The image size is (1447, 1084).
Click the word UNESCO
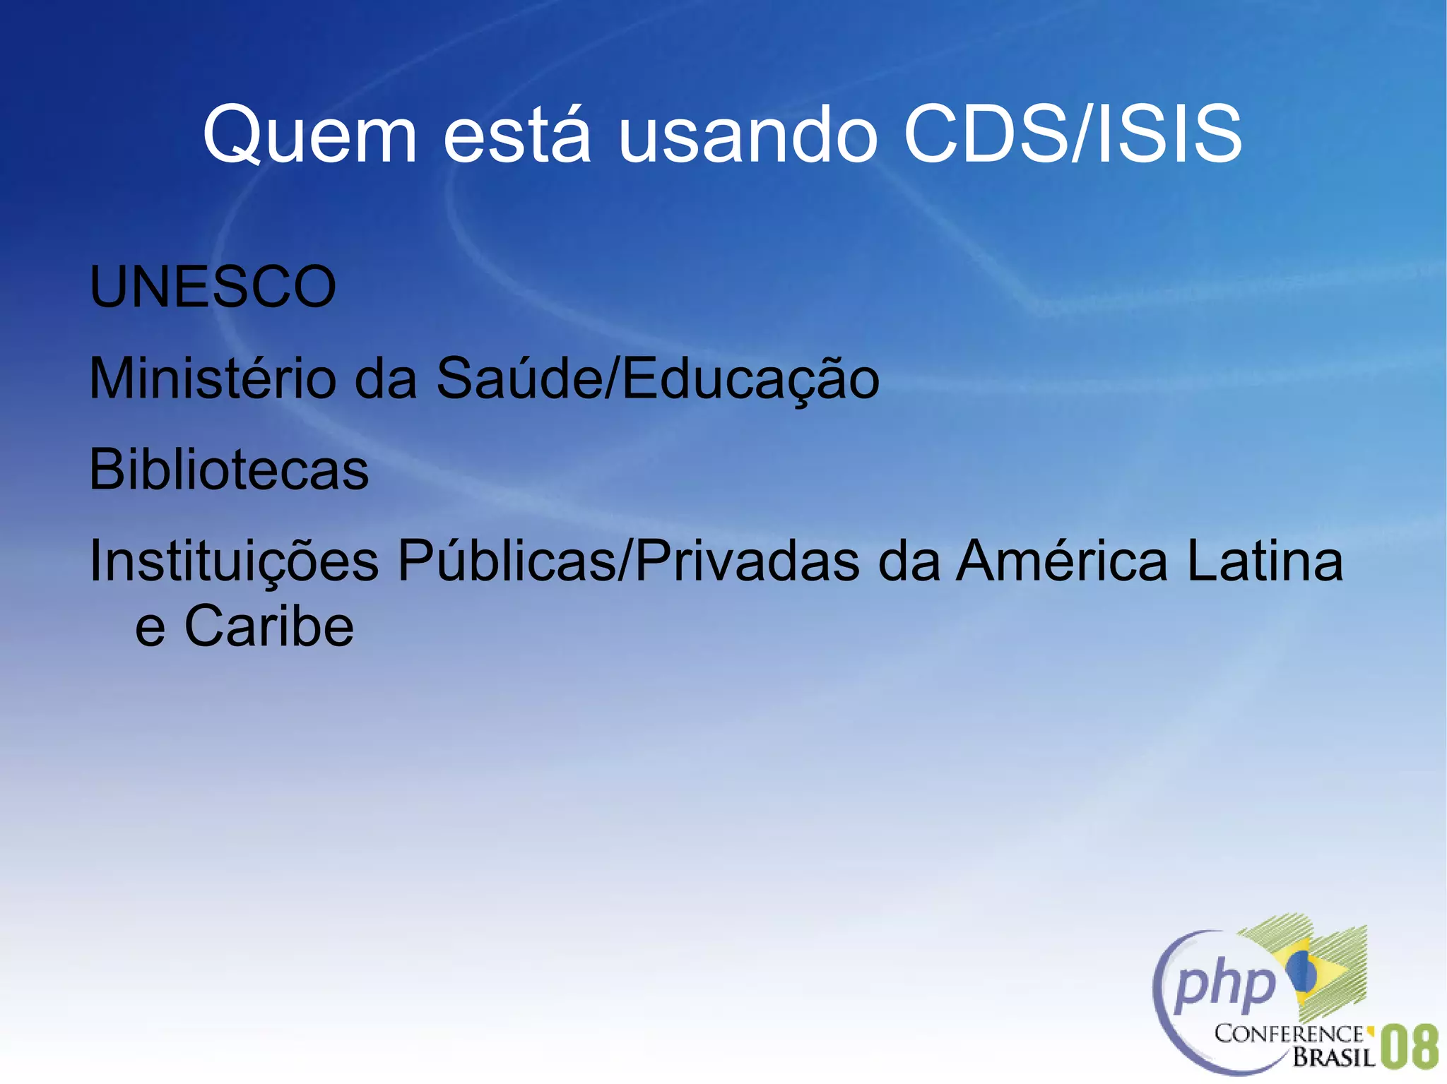pos(213,287)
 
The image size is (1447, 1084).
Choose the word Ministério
pos(213,379)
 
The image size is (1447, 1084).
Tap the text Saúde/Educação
pos(658,379)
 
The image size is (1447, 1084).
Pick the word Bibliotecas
pos(229,470)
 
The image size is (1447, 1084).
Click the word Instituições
pos(234,562)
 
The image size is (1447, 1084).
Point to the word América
pos(1062,562)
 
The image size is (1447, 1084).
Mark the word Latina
pos(1265,562)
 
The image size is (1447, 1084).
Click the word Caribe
pos(269,627)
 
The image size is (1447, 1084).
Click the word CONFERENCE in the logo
pos(1289,1034)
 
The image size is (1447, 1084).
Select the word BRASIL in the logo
pos(1333,1057)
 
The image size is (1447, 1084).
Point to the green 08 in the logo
pos(1409,1048)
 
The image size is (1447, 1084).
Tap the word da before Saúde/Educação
pos(385,379)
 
